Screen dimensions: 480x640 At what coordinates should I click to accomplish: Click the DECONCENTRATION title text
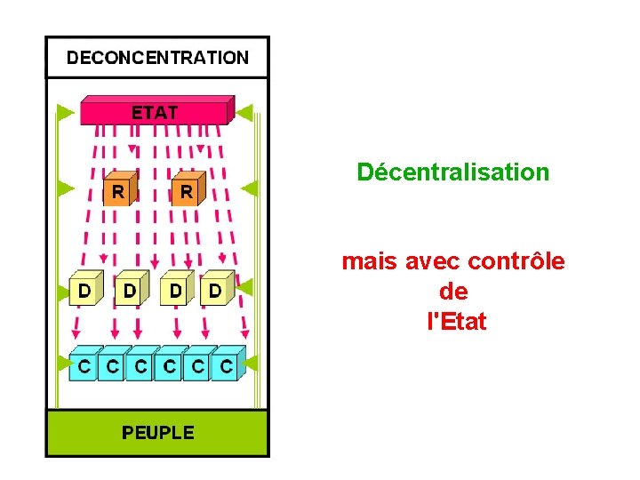click(x=157, y=59)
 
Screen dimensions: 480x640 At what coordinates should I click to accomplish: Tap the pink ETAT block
click(x=156, y=111)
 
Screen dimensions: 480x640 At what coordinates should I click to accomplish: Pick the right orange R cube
click(x=186, y=190)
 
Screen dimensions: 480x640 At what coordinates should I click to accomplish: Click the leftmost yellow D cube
click(x=84, y=289)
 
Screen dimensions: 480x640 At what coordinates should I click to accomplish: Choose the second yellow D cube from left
click(x=131, y=289)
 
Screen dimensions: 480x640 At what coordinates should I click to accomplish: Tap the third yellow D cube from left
click(x=177, y=289)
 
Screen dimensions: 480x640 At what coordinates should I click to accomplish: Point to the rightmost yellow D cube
click(x=216, y=289)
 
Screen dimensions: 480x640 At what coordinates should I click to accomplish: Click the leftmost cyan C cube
click(x=83, y=364)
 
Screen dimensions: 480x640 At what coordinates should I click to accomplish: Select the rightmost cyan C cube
click(x=228, y=364)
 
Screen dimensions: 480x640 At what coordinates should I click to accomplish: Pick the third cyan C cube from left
click(x=140, y=364)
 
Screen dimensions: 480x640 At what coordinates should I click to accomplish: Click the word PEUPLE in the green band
click(x=157, y=433)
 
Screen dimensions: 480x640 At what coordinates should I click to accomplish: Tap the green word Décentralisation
click(x=453, y=172)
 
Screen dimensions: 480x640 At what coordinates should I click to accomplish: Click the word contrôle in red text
click(x=516, y=261)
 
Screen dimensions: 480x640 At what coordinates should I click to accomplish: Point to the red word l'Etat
click(x=457, y=322)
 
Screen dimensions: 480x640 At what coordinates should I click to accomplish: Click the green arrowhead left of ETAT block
click(x=65, y=112)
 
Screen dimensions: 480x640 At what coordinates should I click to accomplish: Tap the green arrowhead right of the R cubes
click(x=250, y=188)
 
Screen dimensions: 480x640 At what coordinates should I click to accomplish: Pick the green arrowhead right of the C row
click(x=250, y=363)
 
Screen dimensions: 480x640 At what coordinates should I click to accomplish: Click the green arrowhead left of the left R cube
click(x=65, y=188)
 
